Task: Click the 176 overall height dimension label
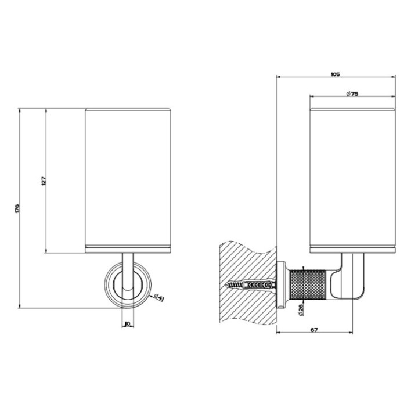coord(17,208)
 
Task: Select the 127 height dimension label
coord(44,181)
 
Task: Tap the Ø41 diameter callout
coord(159,297)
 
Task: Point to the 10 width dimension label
coord(127,323)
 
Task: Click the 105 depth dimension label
coord(336,74)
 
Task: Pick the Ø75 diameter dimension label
coord(352,93)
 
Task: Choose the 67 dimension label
coord(314,330)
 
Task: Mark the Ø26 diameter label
coord(301,310)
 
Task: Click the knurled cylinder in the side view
coord(307,284)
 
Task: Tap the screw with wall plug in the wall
coord(251,284)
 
